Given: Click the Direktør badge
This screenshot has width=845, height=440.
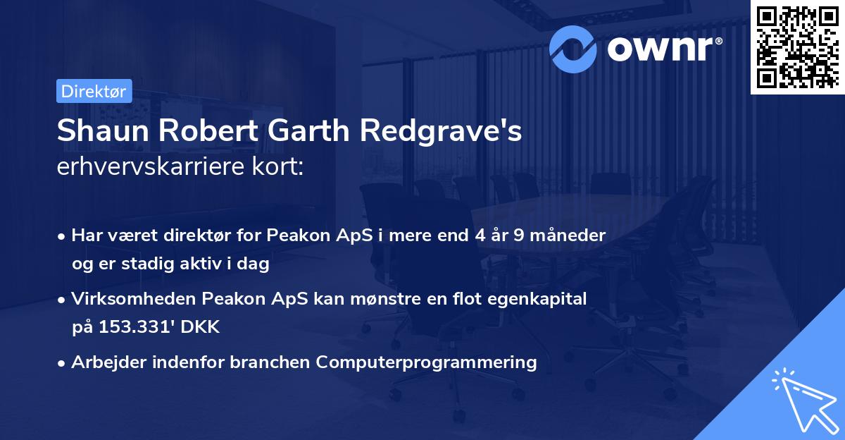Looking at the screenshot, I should coord(94,91).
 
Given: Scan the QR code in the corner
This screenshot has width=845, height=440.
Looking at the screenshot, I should coord(797,47).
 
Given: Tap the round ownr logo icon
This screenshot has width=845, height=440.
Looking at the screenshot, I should coord(574,47).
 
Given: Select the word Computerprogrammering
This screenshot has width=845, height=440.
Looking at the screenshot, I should coord(426,362).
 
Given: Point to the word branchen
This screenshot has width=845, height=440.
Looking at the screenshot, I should coord(273,362).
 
